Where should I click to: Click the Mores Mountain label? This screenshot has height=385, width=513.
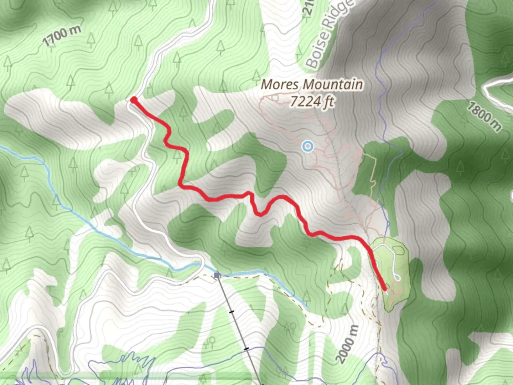(312, 85)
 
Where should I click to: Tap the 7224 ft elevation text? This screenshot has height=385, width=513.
(312, 102)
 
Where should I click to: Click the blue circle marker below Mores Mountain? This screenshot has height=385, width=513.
(307, 146)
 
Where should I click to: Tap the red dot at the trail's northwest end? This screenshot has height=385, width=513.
(134, 100)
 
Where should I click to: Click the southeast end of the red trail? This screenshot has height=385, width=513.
(385, 289)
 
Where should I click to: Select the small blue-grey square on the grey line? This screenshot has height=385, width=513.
(217, 275)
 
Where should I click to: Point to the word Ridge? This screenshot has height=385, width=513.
(338, 18)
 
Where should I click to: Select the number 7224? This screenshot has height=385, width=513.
(305, 102)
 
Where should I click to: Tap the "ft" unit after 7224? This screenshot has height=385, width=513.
(329, 102)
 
